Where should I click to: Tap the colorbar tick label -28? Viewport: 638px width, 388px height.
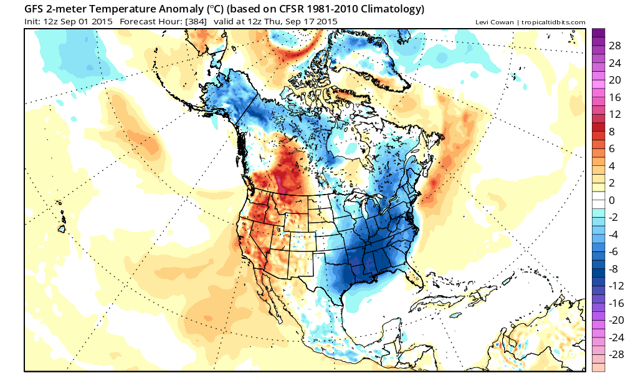pos(615,354)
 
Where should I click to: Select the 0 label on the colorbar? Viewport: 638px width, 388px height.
pos(612,200)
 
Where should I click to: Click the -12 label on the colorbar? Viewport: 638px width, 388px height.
pos(615,285)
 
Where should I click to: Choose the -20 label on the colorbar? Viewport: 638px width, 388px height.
pos(615,319)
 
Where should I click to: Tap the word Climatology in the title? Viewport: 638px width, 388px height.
pos(387,9)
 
